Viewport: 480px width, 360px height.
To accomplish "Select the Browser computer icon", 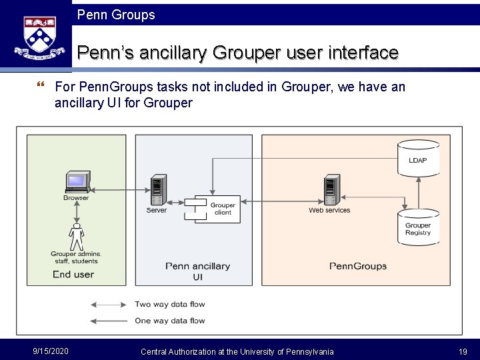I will (x=77, y=181).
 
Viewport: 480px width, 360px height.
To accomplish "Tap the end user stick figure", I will (x=77, y=237).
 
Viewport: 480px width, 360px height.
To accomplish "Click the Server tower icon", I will (x=158, y=190).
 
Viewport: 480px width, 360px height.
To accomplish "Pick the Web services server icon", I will (x=330, y=191).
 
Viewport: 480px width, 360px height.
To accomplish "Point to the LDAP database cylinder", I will (x=418, y=158).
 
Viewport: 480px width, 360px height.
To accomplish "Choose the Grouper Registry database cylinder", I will (x=418, y=227).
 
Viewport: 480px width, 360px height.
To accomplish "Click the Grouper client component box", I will (x=215, y=209).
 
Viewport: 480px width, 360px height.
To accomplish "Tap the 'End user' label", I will (x=73, y=274).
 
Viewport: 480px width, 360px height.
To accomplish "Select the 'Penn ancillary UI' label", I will (x=197, y=271).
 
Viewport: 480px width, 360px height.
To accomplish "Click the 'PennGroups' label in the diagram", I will (x=358, y=266).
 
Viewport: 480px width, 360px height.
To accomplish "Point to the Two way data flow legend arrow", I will (x=109, y=305).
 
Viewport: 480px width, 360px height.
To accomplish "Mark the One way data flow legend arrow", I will (x=109, y=321).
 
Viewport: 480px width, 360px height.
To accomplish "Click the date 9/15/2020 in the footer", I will (x=51, y=351).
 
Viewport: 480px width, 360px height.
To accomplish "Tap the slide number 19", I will (x=463, y=351).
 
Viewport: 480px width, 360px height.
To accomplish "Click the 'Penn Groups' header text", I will (x=116, y=15).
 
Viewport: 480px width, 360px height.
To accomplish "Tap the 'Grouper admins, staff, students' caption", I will (x=75, y=257).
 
